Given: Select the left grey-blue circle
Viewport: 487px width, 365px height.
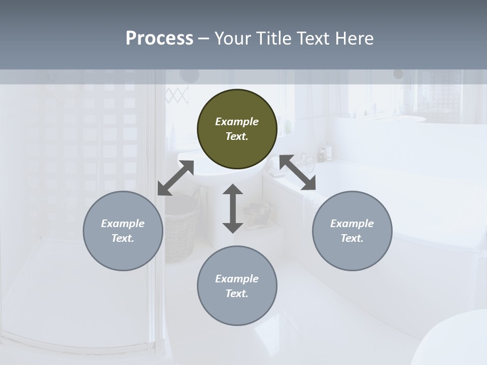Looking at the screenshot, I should (x=123, y=231).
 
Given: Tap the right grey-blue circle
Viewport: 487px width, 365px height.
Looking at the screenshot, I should (x=352, y=231).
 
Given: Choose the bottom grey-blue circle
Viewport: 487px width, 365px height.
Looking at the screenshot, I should (x=237, y=286).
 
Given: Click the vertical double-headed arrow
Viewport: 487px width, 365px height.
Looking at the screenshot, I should (x=233, y=208).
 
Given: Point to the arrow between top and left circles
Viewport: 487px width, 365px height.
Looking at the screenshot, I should (x=176, y=178).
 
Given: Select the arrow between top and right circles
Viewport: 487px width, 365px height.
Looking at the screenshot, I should (x=298, y=173).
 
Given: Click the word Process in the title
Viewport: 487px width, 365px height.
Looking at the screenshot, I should (x=159, y=38).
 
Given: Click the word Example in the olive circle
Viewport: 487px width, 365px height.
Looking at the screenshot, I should (x=237, y=122).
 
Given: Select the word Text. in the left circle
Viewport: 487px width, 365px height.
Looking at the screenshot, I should (x=123, y=238).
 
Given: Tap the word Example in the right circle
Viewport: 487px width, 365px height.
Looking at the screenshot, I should (x=352, y=224).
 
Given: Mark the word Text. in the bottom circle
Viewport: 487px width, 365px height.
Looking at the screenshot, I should (x=237, y=294).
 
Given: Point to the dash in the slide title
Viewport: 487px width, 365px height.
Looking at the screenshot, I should (x=204, y=39).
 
